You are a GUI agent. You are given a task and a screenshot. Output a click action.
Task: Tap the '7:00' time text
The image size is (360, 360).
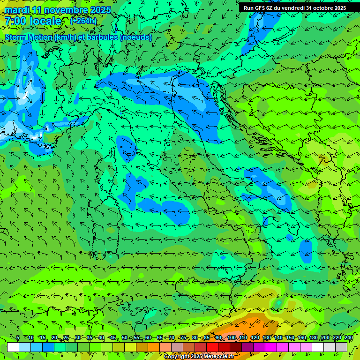(15, 21)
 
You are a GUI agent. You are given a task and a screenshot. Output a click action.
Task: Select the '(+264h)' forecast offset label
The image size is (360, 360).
(83, 21)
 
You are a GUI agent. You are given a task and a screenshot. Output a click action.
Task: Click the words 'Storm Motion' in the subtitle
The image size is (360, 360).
(29, 37)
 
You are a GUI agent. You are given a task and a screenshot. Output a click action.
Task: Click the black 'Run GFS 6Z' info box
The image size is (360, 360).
(294, 8)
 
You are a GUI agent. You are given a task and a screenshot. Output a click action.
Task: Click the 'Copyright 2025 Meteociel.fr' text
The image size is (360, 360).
(198, 357)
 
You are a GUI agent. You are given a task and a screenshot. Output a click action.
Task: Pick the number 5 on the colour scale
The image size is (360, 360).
(18, 338)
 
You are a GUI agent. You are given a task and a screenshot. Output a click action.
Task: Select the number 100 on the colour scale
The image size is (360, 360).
(232, 338)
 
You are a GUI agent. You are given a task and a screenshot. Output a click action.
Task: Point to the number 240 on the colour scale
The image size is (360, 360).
(349, 338)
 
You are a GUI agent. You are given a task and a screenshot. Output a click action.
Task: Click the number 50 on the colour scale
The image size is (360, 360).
(125, 338)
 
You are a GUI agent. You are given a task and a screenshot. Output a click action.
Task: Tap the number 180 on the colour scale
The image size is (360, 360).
(313, 338)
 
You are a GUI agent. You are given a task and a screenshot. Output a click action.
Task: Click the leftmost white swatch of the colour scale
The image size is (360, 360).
(13, 347)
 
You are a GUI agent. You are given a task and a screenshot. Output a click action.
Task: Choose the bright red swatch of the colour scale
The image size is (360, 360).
(212, 347)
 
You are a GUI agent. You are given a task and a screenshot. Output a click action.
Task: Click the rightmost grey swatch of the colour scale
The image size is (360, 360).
(341, 347)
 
